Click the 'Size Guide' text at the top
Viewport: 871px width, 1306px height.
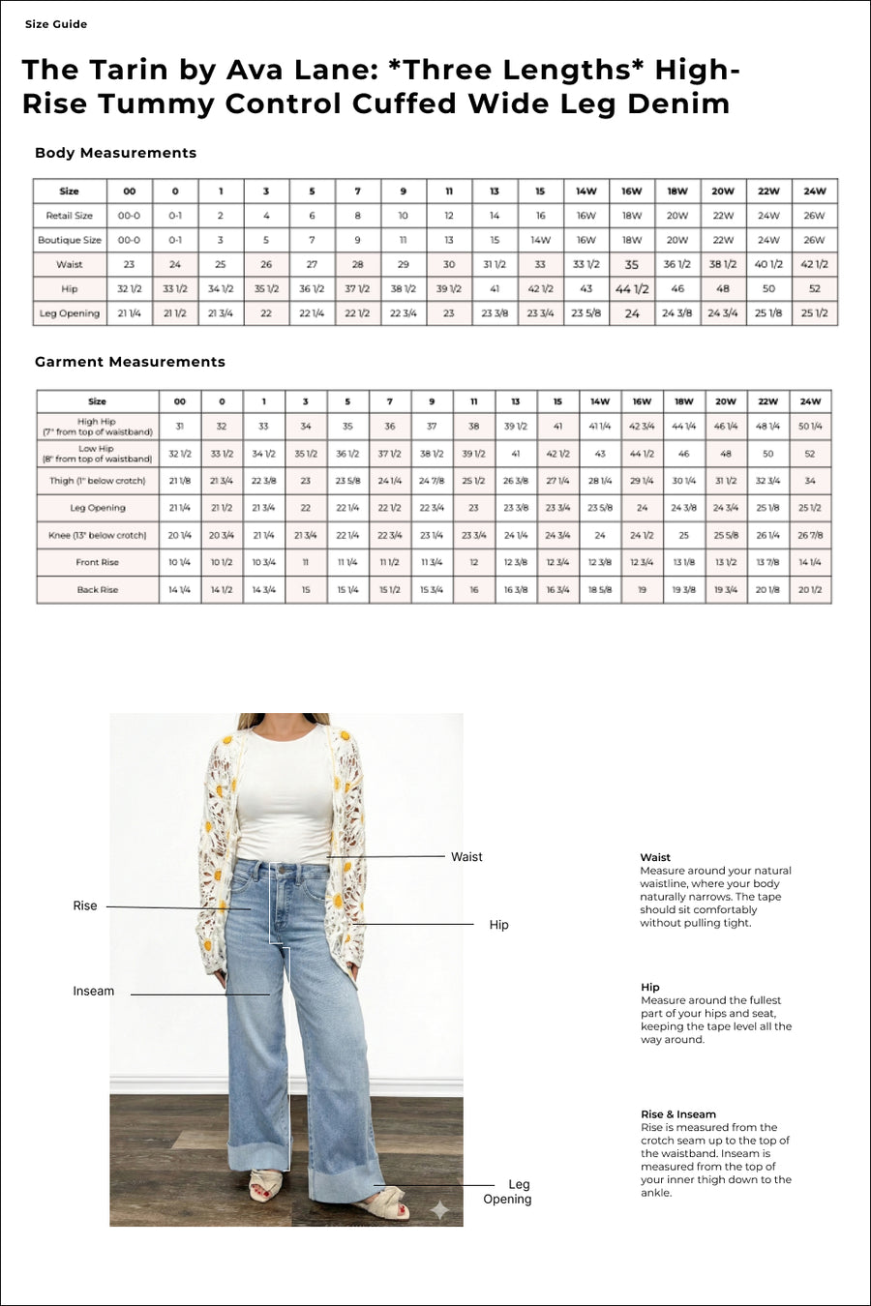point(56,24)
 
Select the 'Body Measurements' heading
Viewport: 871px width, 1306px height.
point(115,153)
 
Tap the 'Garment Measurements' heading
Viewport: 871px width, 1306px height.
point(130,362)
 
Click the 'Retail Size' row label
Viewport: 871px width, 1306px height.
point(70,216)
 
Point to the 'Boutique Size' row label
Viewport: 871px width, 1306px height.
point(70,240)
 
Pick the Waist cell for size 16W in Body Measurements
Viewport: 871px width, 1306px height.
point(632,264)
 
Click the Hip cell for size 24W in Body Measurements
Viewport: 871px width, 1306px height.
point(815,288)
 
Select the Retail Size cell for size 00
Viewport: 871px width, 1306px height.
point(129,216)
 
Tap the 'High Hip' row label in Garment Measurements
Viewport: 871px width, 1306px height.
point(97,427)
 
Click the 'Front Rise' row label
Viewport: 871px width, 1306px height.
point(97,562)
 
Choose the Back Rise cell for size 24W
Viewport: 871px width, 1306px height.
point(810,589)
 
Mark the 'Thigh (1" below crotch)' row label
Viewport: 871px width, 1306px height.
point(97,481)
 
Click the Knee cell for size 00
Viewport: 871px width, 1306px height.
point(179,535)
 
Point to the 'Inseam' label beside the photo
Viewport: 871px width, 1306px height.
point(93,992)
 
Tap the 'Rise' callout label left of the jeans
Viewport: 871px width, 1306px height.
point(85,906)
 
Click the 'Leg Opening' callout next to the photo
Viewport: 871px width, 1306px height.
point(508,1192)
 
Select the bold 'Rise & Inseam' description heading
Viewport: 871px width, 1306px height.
point(678,1114)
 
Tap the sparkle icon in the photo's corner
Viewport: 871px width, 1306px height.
point(440,1208)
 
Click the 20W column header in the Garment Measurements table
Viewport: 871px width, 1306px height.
point(726,401)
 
